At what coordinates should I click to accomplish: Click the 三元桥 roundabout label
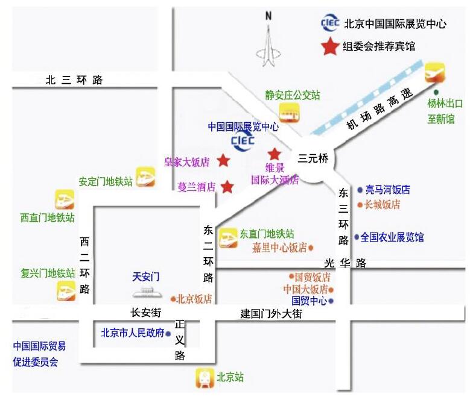[313, 159]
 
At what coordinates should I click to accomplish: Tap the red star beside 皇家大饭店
[223, 160]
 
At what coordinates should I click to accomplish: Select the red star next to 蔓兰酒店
[227, 187]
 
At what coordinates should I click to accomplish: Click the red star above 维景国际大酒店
[275, 154]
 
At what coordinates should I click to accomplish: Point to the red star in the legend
[330, 46]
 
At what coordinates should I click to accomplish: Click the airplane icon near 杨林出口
[434, 72]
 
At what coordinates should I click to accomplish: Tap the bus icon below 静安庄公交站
[288, 112]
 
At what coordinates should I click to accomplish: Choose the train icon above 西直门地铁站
[65, 199]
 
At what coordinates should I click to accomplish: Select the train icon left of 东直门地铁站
[228, 239]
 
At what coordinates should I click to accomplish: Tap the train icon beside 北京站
[205, 378]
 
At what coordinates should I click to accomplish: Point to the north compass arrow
[269, 42]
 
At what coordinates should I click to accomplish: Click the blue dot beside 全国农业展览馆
[357, 237]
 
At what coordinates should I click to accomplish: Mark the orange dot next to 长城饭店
[360, 205]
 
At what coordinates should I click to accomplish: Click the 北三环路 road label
[74, 80]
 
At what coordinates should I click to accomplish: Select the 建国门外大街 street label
[271, 314]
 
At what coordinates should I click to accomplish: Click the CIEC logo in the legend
[331, 23]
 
